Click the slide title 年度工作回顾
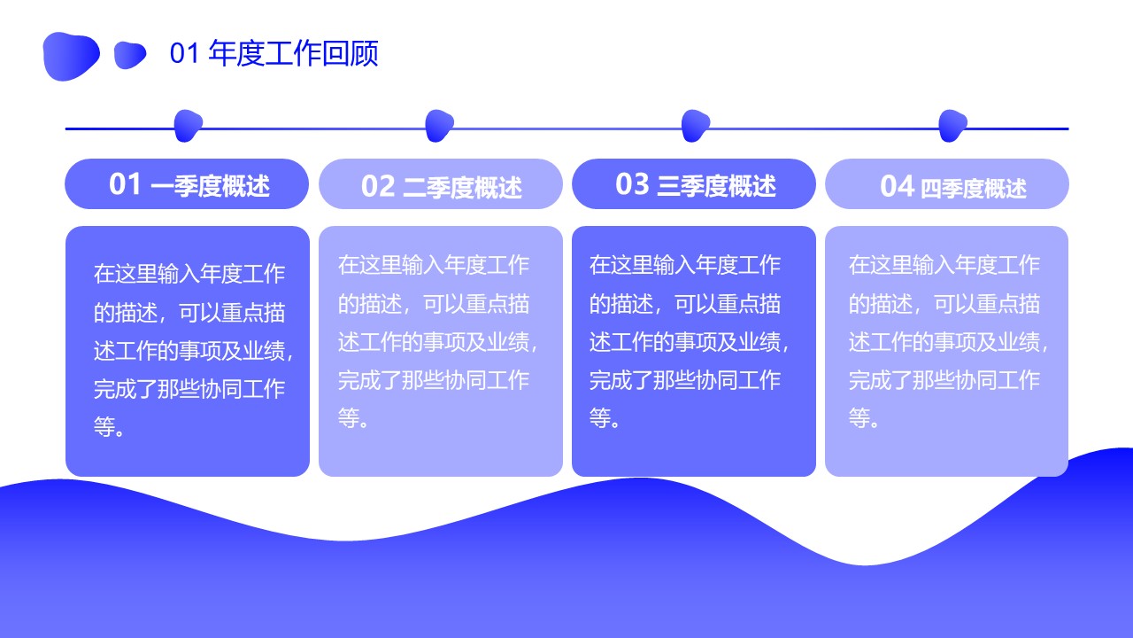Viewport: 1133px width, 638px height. [x=293, y=53]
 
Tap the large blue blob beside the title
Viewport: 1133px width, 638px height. [x=72, y=56]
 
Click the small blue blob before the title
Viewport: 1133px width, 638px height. [x=130, y=55]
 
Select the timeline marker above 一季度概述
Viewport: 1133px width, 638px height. [x=189, y=126]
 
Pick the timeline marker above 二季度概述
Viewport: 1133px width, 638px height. [x=439, y=126]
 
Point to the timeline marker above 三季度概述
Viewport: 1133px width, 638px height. [x=696, y=126]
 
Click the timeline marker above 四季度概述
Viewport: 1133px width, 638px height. [x=952, y=126]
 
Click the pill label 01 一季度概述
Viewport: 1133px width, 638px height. [x=187, y=183]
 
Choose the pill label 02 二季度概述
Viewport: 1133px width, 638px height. [x=441, y=183]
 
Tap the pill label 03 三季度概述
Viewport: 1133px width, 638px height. [x=693, y=183]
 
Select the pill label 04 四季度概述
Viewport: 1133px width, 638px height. [x=947, y=183]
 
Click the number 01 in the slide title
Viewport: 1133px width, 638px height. [x=184, y=53]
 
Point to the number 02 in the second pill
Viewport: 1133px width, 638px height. [x=378, y=186]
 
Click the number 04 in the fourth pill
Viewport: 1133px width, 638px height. [x=897, y=186]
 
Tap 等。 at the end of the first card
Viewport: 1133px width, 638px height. [x=109, y=427]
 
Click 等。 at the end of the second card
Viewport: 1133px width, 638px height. [x=353, y=417]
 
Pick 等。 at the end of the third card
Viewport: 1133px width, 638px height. [x=605, y=417]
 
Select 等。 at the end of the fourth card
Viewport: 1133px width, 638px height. [x=864, y=417]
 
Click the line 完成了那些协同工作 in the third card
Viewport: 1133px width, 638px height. [x=685, y=380]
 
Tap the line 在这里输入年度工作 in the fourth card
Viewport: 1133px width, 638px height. [x=944, y=265]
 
